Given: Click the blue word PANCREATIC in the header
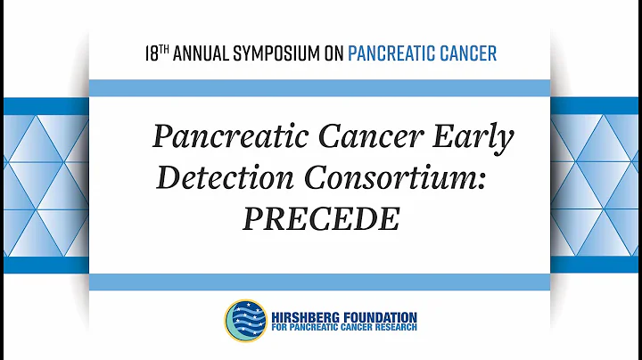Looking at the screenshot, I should [x=395, y=53].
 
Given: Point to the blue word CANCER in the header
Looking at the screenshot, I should [x=471, y=53].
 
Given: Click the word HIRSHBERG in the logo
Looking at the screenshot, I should [x=307, y=316].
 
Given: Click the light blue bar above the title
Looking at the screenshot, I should [x=320, y=87].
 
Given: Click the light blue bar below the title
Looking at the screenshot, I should [x=320, y=282].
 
